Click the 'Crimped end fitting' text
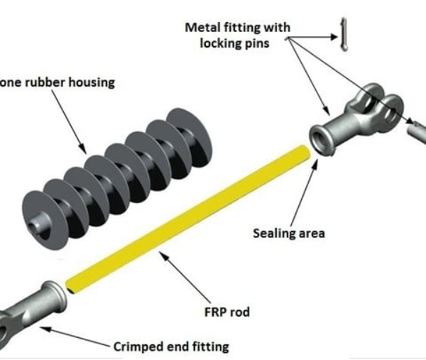coord(171,347)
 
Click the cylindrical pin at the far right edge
coord(417,131)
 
